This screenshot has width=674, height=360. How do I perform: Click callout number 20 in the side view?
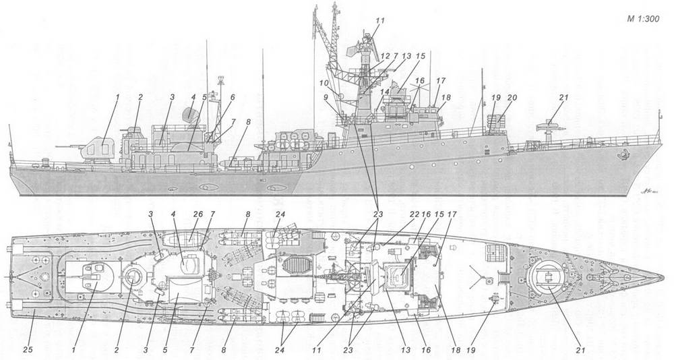pos(512,98)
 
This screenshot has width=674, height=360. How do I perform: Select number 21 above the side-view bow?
pos(563,98)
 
